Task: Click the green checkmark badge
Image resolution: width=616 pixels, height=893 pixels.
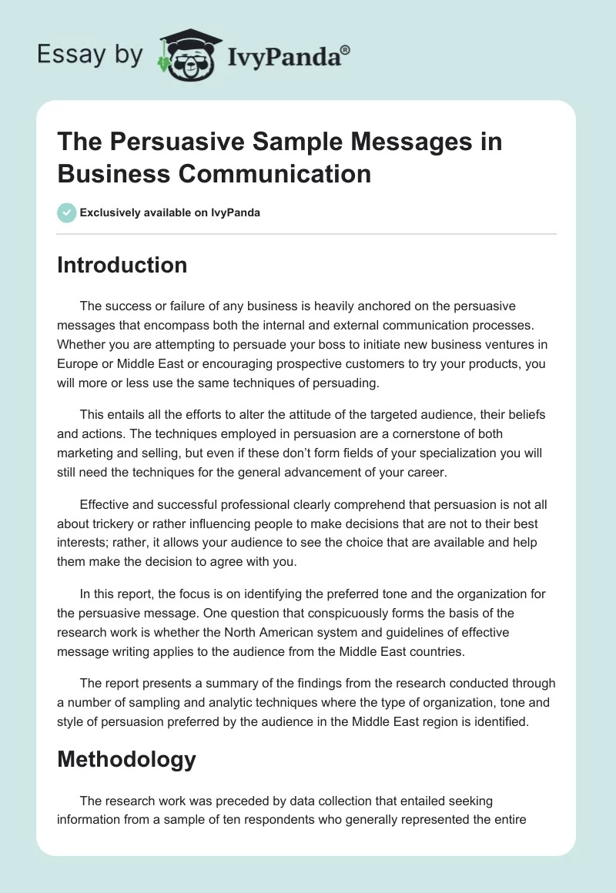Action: pos(67,212)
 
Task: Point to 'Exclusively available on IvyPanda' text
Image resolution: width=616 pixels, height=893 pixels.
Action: pos(170,212)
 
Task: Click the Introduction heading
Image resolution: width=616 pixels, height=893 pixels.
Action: pos(122,265)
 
